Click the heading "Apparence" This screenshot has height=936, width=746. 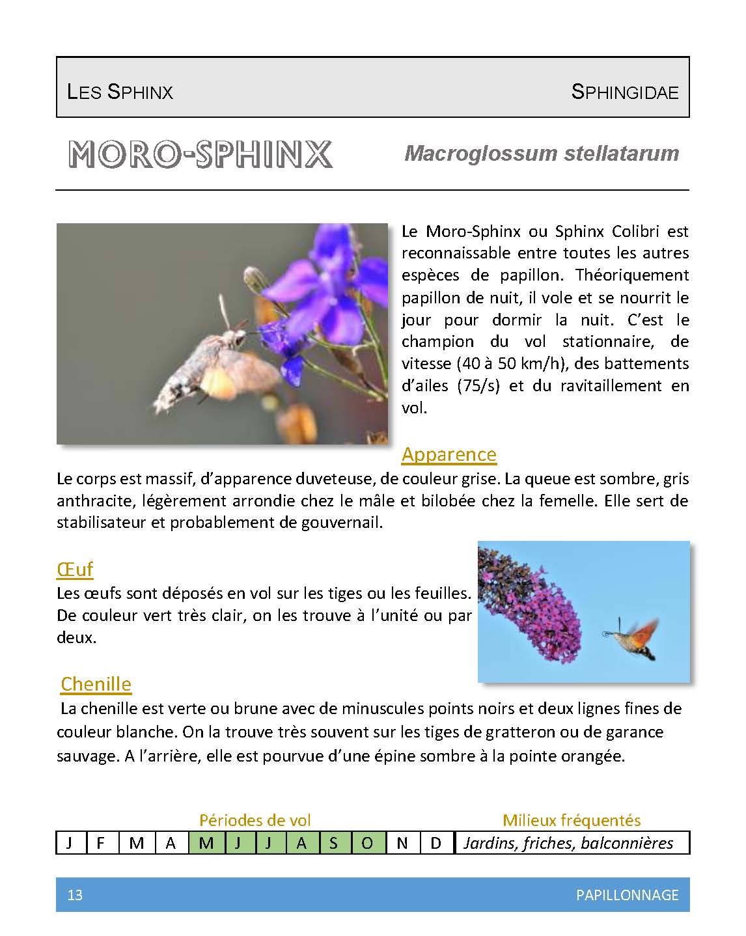449,454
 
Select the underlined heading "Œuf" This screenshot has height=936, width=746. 75,569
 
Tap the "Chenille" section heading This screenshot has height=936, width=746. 96,683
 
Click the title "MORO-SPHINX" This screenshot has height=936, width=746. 200,154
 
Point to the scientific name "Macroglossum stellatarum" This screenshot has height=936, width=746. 542,154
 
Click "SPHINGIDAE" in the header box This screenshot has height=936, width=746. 624,92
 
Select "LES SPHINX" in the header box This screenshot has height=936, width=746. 120,92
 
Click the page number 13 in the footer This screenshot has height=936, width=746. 75,895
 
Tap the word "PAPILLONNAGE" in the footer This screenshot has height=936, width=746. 627,895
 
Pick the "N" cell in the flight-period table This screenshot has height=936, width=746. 402,843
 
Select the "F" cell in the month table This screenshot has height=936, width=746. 100,843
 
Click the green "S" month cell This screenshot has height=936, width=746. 333,843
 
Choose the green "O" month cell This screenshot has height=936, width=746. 368,843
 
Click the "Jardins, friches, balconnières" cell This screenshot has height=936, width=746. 568,843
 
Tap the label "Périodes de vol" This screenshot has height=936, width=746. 255,820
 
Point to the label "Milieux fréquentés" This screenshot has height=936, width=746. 572,820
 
